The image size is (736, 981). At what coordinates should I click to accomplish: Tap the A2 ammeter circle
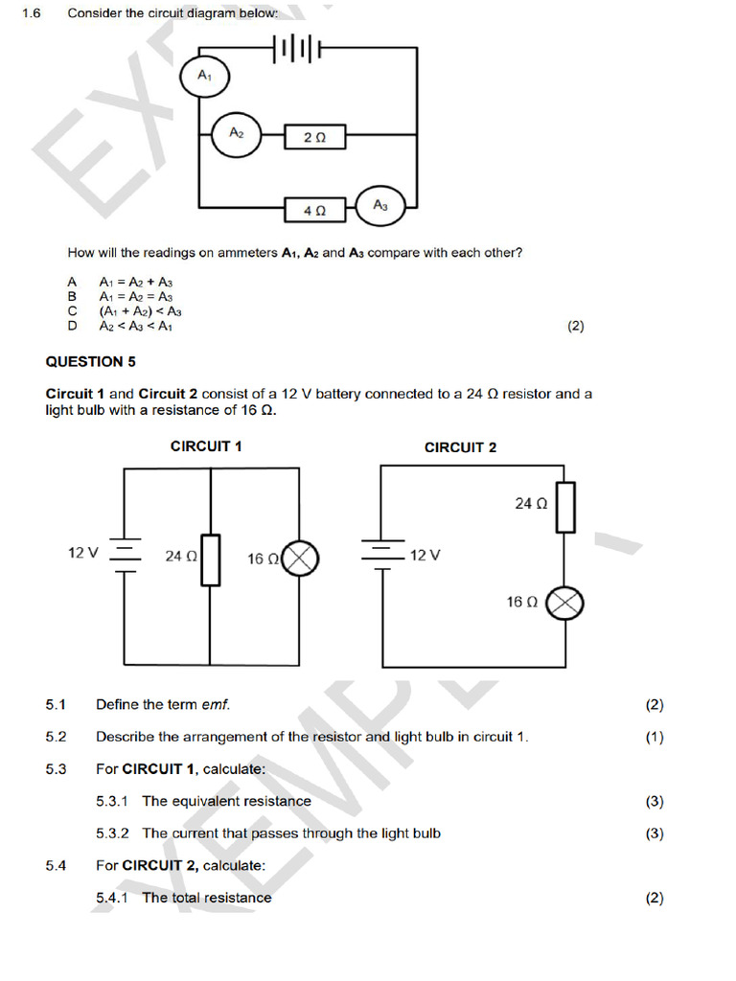point(236,135)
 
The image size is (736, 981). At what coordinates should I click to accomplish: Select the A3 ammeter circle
point(380,205)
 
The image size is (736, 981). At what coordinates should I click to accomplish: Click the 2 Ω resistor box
point(314,138)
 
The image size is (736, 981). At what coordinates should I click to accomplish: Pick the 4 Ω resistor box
point(314,208)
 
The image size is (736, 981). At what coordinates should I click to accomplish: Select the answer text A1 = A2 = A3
point(135,297)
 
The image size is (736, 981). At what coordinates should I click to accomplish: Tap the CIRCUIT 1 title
point(206,446)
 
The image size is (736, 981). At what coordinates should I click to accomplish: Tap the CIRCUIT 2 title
point(460,446)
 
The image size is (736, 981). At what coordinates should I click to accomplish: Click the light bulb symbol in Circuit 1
point(302,558)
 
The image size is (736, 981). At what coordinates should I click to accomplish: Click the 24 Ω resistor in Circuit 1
point(210,559)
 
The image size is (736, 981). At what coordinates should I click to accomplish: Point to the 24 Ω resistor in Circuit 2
point(566,507)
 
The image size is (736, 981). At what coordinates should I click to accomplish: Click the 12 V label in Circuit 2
point(425,556)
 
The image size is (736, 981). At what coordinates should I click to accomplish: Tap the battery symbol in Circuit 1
point(126,555)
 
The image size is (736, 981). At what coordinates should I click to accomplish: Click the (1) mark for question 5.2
point(655,737)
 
